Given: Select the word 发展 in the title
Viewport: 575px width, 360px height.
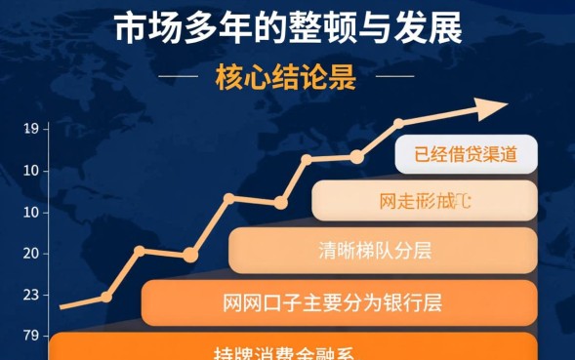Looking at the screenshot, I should point(427,30).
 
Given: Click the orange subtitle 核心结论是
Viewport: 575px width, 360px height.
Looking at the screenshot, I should point(285,76).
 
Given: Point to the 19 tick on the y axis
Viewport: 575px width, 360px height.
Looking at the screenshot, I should point(30,128).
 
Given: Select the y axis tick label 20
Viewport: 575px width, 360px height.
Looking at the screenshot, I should point(30,253).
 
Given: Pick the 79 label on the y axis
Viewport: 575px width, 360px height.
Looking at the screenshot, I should point(30,337).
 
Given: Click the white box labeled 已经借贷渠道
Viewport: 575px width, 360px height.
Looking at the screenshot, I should point(466,153).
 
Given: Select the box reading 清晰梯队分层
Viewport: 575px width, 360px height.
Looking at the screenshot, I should point(382,250).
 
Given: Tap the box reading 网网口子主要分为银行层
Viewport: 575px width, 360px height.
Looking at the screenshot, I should point(338,302).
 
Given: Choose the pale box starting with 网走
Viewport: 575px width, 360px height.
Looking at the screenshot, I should point(425,201).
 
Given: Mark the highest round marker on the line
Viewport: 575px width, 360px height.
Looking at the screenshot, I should point(398,124).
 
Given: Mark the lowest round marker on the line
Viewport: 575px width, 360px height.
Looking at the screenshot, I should point(106,297).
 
